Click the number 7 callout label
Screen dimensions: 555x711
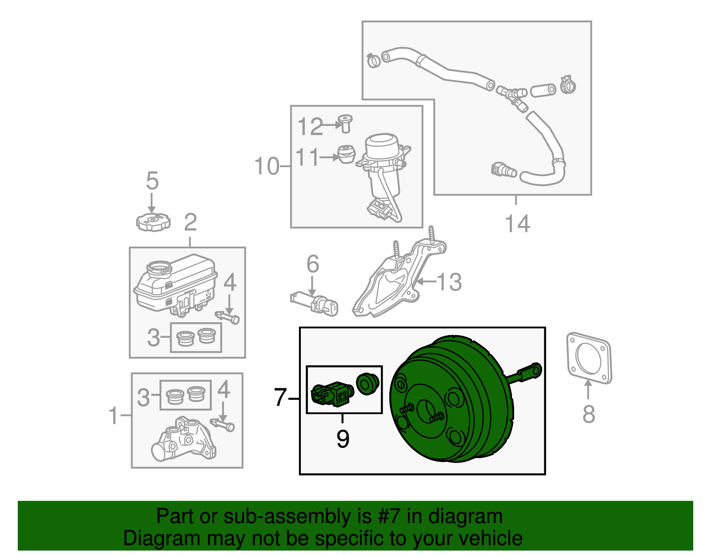tap(280, 397)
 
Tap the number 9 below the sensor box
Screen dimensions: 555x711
tap(343, 439)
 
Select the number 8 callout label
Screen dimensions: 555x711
tap(588, 414)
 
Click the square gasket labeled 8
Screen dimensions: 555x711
tap(589, 358)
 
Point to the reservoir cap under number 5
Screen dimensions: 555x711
tap(153, 222)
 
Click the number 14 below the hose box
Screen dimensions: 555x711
tap(518, 224)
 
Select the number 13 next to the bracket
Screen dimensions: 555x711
tap(449, 282)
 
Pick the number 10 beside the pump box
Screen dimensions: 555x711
tap(267, 166)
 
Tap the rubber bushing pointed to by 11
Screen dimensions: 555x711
tap(346, 154)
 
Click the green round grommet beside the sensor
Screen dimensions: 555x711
tap(367, 383)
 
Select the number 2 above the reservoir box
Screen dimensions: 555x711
tap(190, 222)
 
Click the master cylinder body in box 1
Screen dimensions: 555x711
tap(183, 440)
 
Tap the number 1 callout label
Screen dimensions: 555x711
tap(114, 415)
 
